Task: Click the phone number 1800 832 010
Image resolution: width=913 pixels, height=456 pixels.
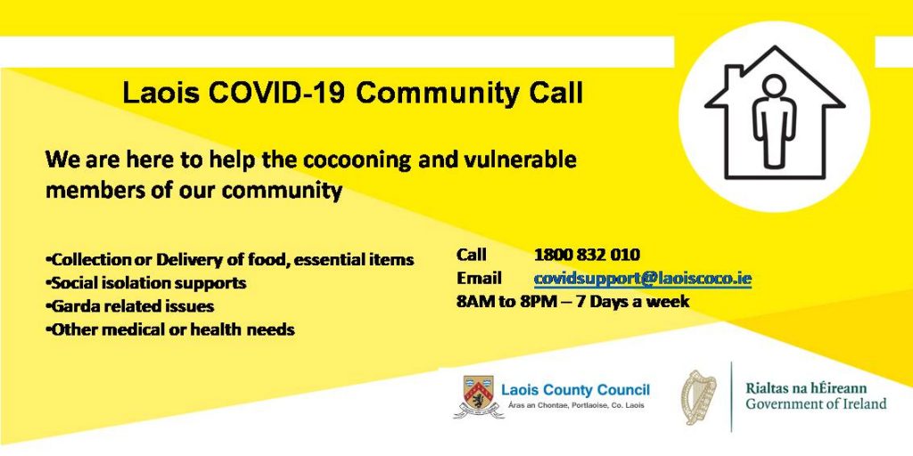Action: tap(587, 255)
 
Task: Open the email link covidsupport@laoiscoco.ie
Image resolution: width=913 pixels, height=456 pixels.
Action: tap(642, 278)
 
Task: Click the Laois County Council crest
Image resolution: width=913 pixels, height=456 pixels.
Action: tap(478, 396)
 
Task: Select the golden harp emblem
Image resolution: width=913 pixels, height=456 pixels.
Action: tap(699, 397)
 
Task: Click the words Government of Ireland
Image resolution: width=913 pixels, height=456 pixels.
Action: tap(816, 404)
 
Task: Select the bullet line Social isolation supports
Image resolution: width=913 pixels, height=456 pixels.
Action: tap(147, 283)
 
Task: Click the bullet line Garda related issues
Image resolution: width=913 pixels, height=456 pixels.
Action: tap(131, 306)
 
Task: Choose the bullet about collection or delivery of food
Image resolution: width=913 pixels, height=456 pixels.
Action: tap(231, 260)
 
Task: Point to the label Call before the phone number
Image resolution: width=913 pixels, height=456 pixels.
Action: tap(471, 255)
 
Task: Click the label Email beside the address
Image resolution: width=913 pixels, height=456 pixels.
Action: tap(479, 278)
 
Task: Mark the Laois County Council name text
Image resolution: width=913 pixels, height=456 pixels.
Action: tap(575, 390)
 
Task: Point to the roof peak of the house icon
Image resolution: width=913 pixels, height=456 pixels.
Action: tap(774, 51)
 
